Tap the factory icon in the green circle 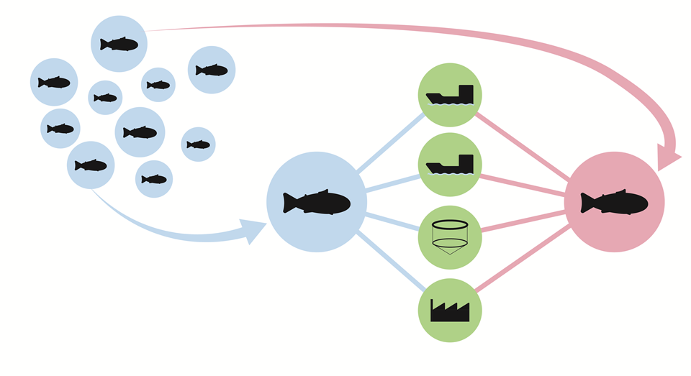450,311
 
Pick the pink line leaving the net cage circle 522,221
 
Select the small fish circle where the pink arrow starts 119,44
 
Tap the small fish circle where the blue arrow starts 91,165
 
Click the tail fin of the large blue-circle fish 290,203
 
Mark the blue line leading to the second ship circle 392,183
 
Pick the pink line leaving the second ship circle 522,183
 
